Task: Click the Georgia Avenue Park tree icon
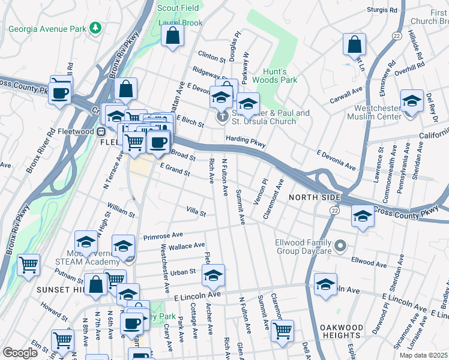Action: tap(94, 28)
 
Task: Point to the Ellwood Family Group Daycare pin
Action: tap(341, 245)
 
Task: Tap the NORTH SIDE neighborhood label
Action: tap(315, 197)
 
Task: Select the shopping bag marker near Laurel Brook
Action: tap(173, 35)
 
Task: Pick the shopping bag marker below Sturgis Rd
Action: tap(354, 44)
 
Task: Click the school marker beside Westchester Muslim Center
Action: tap(412, 101)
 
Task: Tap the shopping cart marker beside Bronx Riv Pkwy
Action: tap(28, 265)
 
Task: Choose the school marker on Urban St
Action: tap(212, 275)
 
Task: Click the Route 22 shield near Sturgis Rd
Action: tap(396, 37)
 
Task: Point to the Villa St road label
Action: tap(196, 213)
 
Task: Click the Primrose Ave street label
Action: tap(163, 236)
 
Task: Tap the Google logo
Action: tap(20, 353)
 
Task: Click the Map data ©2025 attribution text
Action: tap(424, 355)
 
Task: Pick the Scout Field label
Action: tap(178, 8)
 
